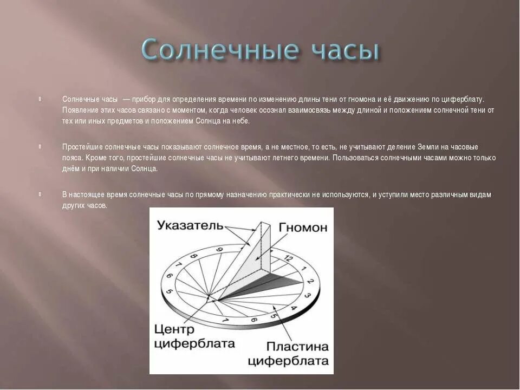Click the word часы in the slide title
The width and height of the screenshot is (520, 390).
click(344, 51)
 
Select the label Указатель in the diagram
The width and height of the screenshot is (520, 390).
click(190, 225)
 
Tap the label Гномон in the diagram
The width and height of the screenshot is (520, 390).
click(303, 227)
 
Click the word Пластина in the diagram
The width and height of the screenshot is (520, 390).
click(297, 347)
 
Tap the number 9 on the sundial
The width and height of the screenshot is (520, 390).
click(220, 250)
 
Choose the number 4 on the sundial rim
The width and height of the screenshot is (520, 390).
click(294, 308)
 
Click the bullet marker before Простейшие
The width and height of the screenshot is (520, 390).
click(40, 146)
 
